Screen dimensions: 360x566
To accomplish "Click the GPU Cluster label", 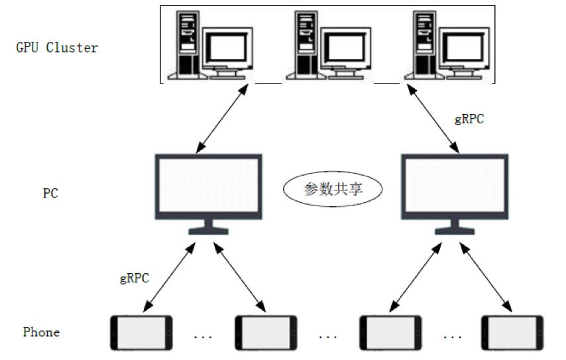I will [56, 48].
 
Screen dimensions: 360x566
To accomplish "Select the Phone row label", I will [41, 331].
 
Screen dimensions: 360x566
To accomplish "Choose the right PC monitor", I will [455, 188].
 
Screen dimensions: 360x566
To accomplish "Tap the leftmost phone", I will [141, 332].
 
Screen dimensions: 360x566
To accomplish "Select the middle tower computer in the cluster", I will [304, 43].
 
